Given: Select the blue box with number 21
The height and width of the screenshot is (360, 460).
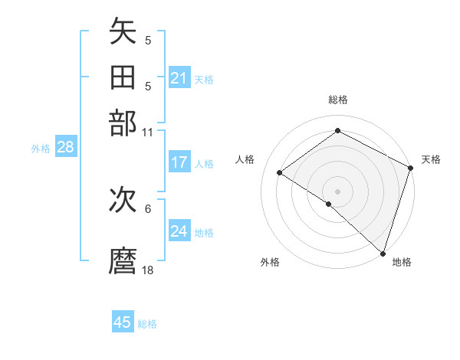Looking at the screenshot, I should [179, 78].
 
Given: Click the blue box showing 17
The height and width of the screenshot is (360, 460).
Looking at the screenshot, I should [179, 162].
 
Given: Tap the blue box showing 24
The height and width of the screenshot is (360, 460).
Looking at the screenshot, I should [179, 231].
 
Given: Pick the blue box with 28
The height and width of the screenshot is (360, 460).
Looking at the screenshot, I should [65, 148].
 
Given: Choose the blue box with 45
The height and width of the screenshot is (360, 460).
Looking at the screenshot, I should [123, 322].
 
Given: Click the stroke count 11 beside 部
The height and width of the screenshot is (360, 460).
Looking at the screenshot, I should [148, 131].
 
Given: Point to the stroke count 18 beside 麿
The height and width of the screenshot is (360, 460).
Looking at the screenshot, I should [148, 270].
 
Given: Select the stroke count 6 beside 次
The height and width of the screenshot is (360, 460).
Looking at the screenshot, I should [148, 208].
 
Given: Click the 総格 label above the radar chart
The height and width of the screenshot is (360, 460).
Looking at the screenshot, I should [337, 100].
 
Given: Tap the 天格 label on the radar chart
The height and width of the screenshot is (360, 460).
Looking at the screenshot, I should [431, 159].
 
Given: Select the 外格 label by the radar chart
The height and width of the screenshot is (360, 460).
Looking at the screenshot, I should [270, 263].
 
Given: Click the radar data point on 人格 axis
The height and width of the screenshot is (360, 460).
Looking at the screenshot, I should [280, 173].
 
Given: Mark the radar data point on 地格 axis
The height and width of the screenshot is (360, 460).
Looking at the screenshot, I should [383, 253].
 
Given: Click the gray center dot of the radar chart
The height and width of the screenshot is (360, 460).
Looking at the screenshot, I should [337, 191].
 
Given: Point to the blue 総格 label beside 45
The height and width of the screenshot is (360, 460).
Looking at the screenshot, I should [147, 324].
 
